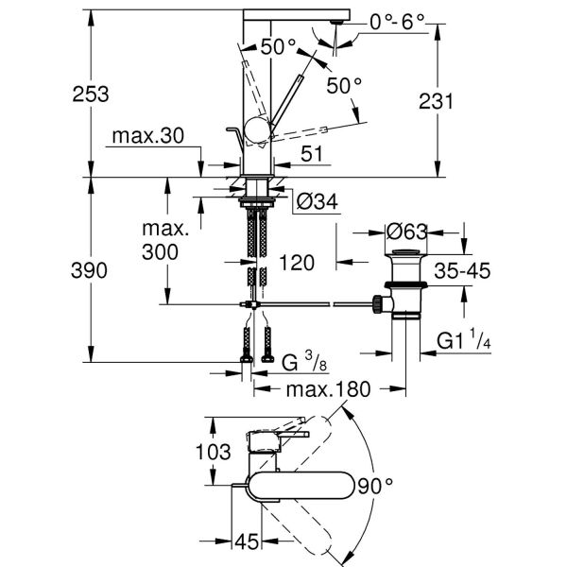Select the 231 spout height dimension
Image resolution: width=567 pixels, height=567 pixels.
pyautogui.click(x=464, y=100)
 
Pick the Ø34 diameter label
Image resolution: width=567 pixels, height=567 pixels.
pyautogui.click(x=318, y=200)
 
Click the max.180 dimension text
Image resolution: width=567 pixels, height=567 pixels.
pyautogui.click(x=328, y=388)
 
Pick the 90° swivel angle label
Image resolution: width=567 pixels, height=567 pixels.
pyautogui.click(x=375, y=487)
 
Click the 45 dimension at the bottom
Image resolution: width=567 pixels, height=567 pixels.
pyautogui.click(x=248, y=541)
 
